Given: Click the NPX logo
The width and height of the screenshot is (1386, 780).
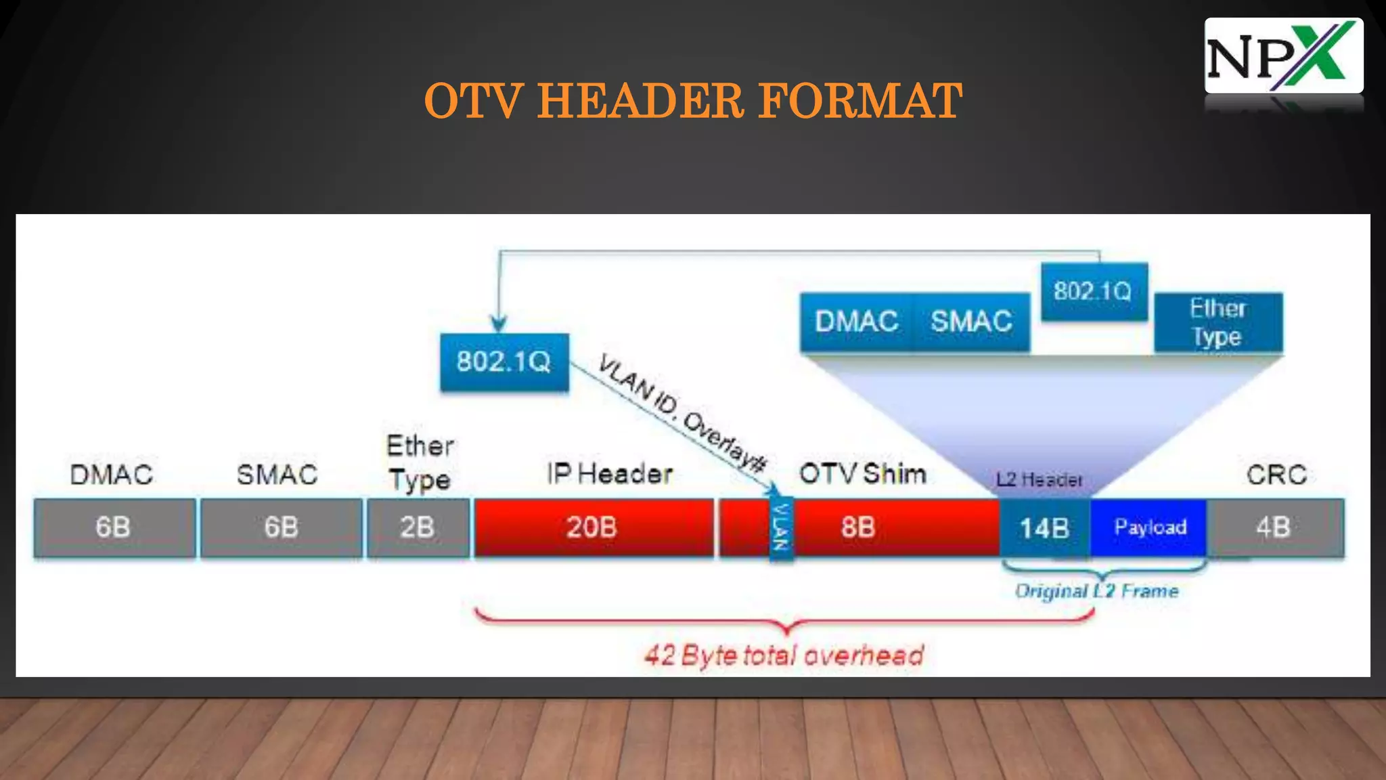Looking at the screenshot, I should click(x=1283, y=56).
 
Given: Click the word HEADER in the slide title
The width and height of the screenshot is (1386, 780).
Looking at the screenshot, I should click(x=640, y=102).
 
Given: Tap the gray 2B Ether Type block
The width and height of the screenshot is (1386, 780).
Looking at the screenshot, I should click(x=418, y=527).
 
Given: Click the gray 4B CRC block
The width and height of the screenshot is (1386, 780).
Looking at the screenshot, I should click(x=1275, y=527).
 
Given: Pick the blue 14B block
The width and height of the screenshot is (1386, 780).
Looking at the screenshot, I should click(x=1044, y=528).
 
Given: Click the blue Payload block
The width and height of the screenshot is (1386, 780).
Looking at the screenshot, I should click(x=1149, y=527).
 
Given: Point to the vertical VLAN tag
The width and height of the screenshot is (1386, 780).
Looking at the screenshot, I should click(x=781, y=527).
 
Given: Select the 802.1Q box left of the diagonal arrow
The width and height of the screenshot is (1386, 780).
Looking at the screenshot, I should click(x=504, y=362).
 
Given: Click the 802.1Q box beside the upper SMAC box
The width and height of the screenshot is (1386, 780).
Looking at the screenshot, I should click(x=1093, y=292).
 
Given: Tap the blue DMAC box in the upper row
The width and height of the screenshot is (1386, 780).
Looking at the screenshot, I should click(x=856, y=322).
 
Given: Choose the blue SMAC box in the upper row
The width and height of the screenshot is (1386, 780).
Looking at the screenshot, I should click(x=971, y=322).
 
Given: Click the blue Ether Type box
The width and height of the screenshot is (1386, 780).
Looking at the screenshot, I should click(x=1217, y=322).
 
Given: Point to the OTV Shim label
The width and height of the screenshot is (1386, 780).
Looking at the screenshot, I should click(x=862, y=474).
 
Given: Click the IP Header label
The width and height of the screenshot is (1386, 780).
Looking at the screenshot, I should click(x=610, y=474).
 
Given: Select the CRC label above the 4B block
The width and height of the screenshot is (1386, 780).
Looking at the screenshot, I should click(x=1276, y=475).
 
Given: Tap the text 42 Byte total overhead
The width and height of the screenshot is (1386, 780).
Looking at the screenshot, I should click(x=784, y=655).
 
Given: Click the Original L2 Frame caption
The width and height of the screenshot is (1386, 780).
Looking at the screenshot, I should click(x=1096, y=591).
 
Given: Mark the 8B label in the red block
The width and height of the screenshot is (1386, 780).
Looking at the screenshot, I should click(x=858, y=527).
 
